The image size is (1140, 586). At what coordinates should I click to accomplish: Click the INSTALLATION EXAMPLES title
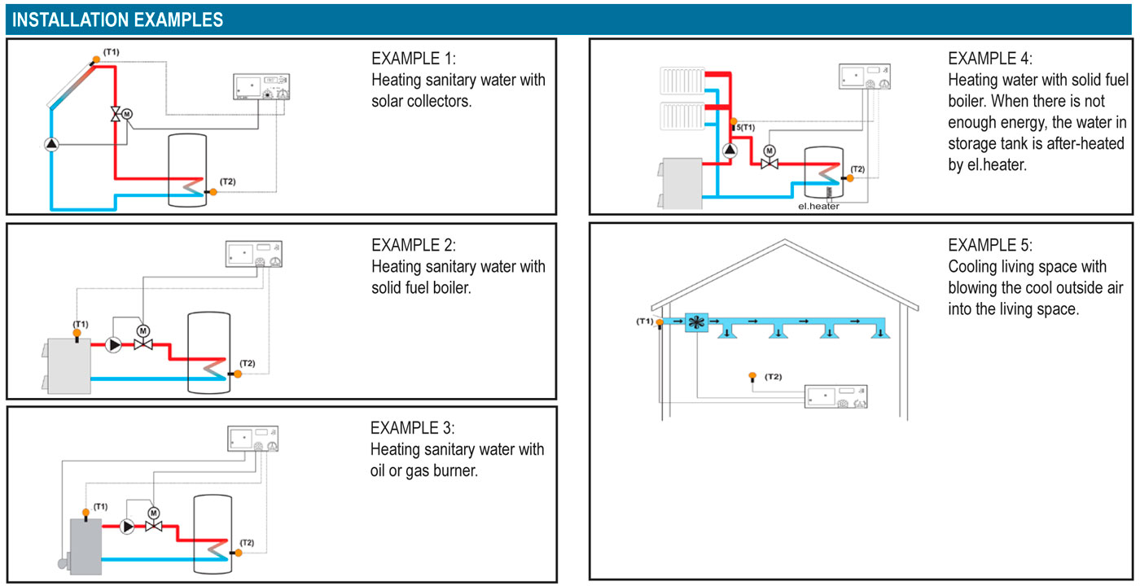(117, 20)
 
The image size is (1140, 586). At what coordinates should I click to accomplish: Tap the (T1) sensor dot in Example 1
(96, 59)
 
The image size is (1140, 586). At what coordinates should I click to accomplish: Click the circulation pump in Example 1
(51, 145)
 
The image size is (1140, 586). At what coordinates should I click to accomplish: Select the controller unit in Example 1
(261, 86)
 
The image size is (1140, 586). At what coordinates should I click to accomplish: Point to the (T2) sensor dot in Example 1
(213, 192)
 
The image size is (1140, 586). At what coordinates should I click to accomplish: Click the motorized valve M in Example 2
(143, 339)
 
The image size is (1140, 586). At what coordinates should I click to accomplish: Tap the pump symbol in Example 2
(113, 345)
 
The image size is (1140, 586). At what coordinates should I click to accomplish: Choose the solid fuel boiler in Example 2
(68, 365)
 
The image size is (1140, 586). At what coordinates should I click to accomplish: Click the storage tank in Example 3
(213, 534)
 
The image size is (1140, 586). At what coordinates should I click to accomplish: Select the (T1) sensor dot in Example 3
(85, 512)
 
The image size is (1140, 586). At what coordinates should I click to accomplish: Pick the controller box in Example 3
(253, 439)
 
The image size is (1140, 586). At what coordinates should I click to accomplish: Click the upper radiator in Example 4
(682, 81)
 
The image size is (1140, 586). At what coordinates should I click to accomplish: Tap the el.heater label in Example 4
(818, 206)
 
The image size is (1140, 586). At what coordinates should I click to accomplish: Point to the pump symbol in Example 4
(730, 150)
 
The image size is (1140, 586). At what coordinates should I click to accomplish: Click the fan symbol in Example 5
(696, 322)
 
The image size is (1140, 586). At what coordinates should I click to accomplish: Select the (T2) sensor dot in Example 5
(752, 376)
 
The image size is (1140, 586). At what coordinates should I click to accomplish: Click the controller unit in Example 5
(835, 397)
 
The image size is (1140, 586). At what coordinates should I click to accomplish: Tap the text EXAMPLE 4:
(990, 59)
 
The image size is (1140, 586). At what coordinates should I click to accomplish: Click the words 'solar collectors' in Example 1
(422, 101)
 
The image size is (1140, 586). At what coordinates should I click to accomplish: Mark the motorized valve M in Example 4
(769, 158)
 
